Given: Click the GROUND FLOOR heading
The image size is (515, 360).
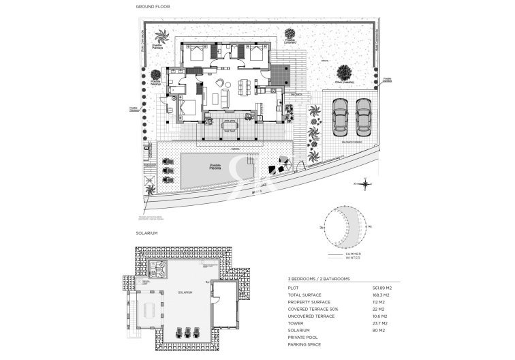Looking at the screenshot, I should click(154, 6).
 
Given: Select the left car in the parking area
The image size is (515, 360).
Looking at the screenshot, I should click(340, 117).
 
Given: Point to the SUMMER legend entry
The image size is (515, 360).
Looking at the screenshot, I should click(353, 254).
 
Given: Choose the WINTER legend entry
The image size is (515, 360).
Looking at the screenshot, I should click(353, 258).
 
